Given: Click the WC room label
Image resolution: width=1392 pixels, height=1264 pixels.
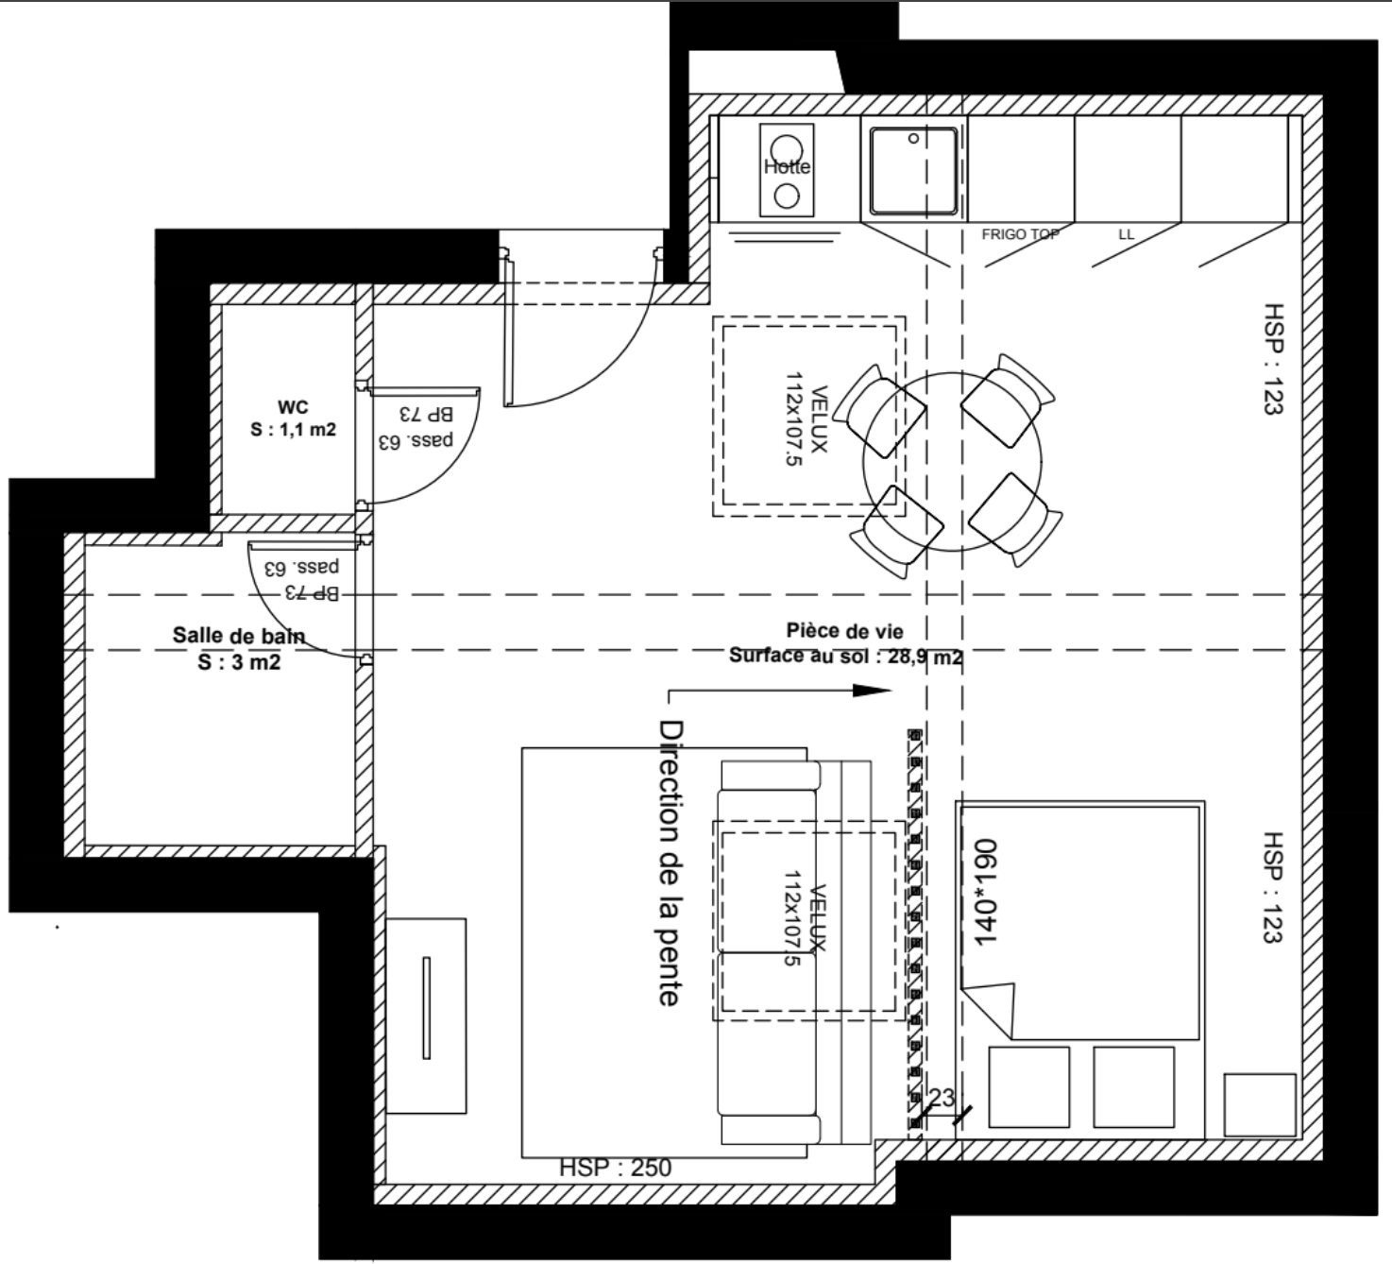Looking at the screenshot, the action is coord(293,407).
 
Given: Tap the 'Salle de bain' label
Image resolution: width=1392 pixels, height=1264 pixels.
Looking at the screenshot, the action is coord(239,635).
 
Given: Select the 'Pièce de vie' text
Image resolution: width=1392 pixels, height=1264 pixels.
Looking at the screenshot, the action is coord(845,631).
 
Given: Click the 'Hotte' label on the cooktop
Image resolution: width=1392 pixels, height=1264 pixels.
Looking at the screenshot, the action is coord(787,166).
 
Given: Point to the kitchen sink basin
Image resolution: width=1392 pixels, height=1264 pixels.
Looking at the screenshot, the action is coord(913,170).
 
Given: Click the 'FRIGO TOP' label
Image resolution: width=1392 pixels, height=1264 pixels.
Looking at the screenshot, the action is coord(1020,234).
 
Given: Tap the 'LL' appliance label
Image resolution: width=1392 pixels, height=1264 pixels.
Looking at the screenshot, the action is coord(1127,234).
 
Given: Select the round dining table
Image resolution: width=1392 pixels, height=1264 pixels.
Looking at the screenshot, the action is coord(952,462).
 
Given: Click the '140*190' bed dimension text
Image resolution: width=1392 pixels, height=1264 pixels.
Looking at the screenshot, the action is coord(985,892).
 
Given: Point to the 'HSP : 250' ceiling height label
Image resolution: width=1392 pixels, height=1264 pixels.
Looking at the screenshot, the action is coord(616,1168).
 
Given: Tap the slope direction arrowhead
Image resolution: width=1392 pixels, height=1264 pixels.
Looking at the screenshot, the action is coord(872,691).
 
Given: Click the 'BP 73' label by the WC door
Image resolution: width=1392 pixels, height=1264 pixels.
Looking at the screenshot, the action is coord(426,414).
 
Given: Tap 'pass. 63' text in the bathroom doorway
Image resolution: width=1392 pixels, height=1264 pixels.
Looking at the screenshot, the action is coord(302,567).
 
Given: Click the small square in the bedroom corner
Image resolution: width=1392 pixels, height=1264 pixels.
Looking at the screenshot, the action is coord(1260,1105).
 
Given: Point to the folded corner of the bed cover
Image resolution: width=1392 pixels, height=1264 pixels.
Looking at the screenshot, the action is coord(989,1009).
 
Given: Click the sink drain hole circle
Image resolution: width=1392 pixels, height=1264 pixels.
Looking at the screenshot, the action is coord(913,138).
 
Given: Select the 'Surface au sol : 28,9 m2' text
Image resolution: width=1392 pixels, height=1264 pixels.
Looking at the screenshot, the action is coord(845,656).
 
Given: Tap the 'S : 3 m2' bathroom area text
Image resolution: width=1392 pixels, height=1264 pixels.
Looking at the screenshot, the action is coord(239,662).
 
